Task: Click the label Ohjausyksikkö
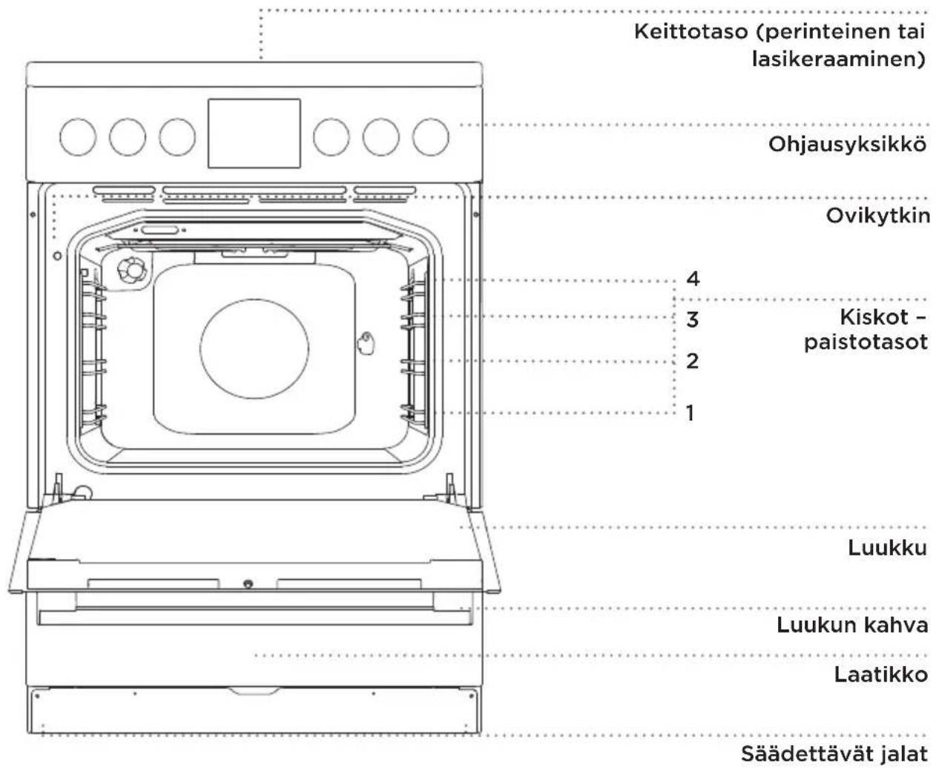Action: [847, 145]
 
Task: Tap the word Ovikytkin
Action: [877, 216]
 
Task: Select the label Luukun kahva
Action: [852, 626]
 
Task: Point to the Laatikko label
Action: [881, 675]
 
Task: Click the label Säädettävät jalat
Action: [834, 754]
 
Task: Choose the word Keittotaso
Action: [691, 31]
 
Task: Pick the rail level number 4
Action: [693, 279]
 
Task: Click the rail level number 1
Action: [690, 413]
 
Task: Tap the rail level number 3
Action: [692, 320]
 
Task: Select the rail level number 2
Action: [692, 361]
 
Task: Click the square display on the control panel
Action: [254, 133]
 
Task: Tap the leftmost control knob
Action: [78, 136]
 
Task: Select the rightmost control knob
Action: [430, 136]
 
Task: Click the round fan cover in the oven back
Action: [254, 349]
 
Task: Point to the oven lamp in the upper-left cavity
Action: [131, 269]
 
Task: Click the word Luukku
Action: [887, 548]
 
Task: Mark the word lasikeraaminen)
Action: [839, 59]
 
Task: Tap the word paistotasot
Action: [866, 342]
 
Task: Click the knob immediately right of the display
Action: [331, 136]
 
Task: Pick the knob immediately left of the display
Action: [177, 136]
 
